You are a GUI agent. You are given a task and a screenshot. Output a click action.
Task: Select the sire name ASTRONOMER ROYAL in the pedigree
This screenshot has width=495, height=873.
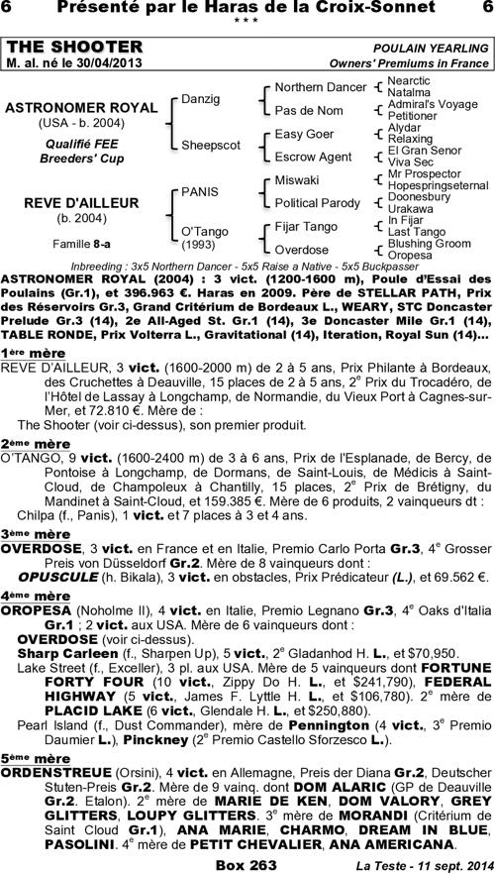[81, 108]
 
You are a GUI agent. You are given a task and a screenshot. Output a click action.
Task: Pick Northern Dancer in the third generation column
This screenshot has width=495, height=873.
[320, 87]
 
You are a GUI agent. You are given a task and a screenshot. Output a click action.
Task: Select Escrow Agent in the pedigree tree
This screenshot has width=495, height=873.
[313, 157]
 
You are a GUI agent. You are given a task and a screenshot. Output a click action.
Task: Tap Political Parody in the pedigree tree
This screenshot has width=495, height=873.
[318, 203]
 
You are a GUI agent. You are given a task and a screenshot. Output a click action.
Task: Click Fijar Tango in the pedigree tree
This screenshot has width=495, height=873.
[306, 227]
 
